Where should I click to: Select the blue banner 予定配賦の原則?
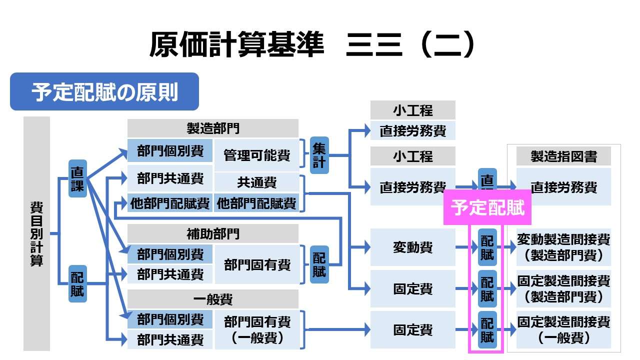coord(104,92)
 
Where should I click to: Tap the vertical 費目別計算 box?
coord(36,233)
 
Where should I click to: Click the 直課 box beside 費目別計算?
coord(77,178)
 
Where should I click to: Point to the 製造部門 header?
coord(212,128)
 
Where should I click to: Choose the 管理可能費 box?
coord(256,155)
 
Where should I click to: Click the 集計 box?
coord(319,155)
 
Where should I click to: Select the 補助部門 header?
coord(212,233)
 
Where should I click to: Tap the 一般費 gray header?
coord(212,299)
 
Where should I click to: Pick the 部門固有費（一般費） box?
coord(256,329)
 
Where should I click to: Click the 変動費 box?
coord(412,247)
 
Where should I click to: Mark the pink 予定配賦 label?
coord(487,207)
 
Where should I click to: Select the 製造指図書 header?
coord(563,156)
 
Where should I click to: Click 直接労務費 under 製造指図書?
coord(563,187)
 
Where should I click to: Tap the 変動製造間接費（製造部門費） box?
coord(563,247)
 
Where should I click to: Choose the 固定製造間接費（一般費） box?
coord(563,329)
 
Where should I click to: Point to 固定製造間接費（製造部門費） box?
coord(563,288)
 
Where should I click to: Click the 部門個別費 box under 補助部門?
coord(170,254)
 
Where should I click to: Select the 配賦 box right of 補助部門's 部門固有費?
coord(319,264)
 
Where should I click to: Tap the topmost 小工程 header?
coord(412,110)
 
